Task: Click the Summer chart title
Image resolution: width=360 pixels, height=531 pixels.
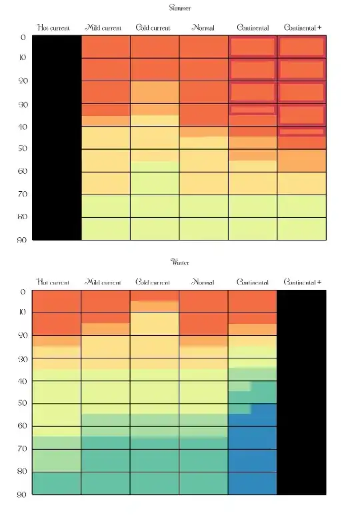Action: click(x=180, y=8)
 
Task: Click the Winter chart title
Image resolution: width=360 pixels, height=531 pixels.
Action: click(x=180, y=263)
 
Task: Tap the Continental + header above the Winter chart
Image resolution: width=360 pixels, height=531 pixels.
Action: click(x=302, y=282)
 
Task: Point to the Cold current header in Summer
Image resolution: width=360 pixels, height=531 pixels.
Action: click(x=153, y=28)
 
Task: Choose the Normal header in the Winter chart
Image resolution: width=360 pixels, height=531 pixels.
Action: click(x=203, y=282)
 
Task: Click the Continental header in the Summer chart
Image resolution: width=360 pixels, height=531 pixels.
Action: click(x=253, y=28)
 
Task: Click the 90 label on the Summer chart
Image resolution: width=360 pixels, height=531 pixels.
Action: click(x=22, y=240)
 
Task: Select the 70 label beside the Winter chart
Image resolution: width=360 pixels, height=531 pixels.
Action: click(x=22, y=449)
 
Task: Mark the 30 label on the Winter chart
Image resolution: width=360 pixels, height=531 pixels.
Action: click(x=22, y=359)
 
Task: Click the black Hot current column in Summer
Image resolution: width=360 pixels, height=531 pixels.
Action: click(x=57, y=138)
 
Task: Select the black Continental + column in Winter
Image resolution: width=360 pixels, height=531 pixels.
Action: click(x=301, y=392)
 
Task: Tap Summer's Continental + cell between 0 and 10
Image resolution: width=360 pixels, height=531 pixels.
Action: click(x=301, y=47)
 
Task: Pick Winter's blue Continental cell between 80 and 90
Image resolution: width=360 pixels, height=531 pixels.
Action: click(x=252, y=483)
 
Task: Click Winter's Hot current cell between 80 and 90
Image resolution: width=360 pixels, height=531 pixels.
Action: click(x=57, y=483)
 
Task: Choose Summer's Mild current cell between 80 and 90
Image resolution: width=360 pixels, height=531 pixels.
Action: click(x=105, y=229)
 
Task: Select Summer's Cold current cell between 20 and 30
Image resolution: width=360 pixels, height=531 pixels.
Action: click(x=155, y=92)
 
